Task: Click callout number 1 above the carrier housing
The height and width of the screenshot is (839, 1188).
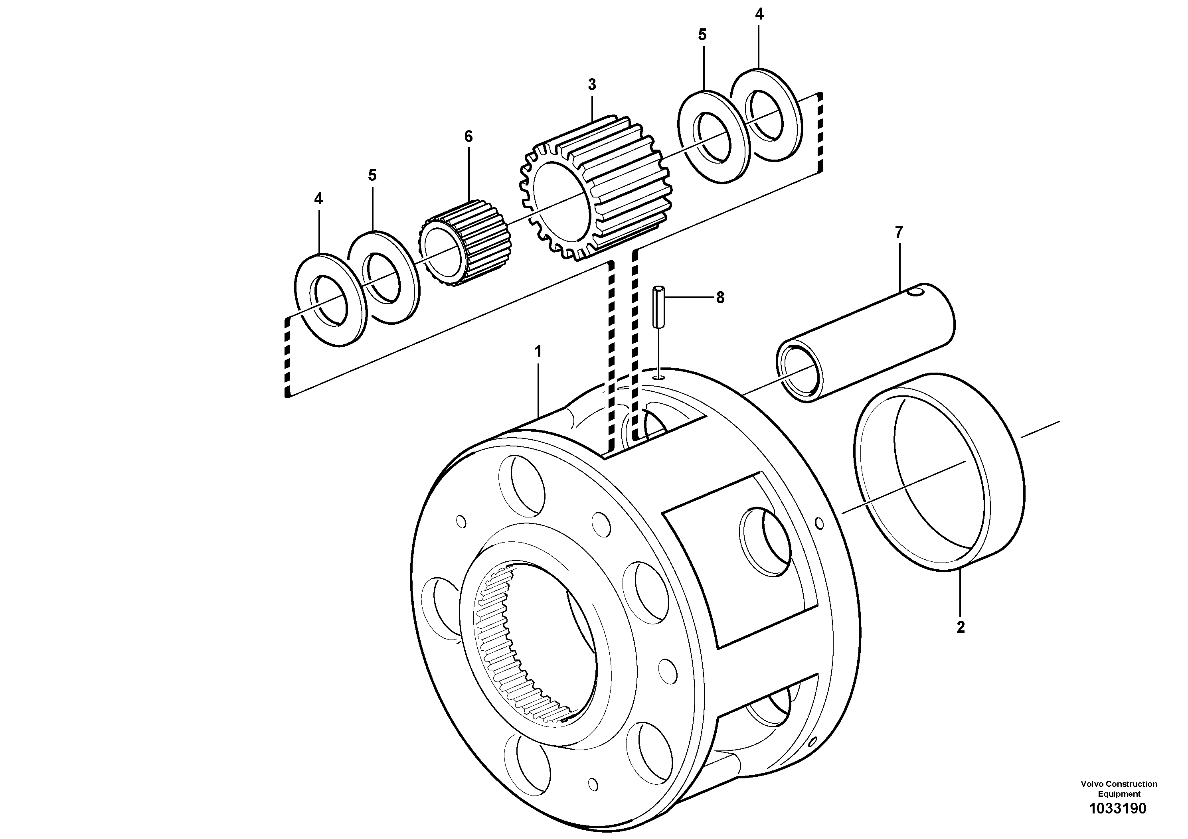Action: (538, 352)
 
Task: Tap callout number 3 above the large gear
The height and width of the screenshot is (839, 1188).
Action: (592, 84)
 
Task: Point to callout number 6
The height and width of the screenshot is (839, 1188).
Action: (468, 136)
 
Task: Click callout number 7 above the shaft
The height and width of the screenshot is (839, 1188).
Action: (899, 232)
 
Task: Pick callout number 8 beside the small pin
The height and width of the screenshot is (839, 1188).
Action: (720, 298)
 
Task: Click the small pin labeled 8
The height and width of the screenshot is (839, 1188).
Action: (658, 306)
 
